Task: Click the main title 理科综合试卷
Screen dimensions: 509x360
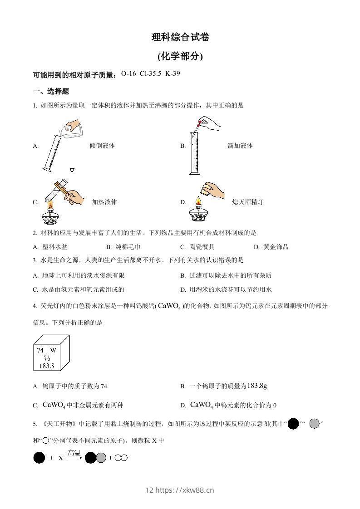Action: coord(180,38)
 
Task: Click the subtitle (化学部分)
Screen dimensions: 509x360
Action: coord(180,57)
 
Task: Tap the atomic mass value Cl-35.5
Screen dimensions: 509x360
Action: coord(150,73)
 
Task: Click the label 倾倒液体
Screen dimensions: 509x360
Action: coord(102,146)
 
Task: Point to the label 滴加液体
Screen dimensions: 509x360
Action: coord(240,146)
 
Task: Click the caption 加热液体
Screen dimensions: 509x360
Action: coord(104,202)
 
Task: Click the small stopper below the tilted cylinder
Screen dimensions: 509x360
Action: coord(72,170)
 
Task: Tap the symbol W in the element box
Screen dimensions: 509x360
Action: coord(53,350)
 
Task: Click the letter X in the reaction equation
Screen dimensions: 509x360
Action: coord(60,458)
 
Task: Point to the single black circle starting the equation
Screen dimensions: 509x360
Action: coord(39,458)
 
